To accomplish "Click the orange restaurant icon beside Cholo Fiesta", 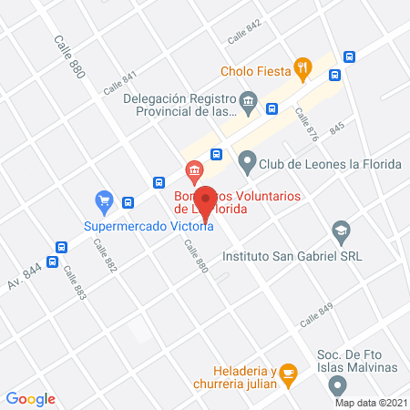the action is tap(302, 68).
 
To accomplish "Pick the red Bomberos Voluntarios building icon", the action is tap(193, 170).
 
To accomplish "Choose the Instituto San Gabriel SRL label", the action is tap(304, 256).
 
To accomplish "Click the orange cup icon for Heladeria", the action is tap(289, 372).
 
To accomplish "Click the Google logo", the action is tap(31, 398).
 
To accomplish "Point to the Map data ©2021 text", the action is tap(370, 402).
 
